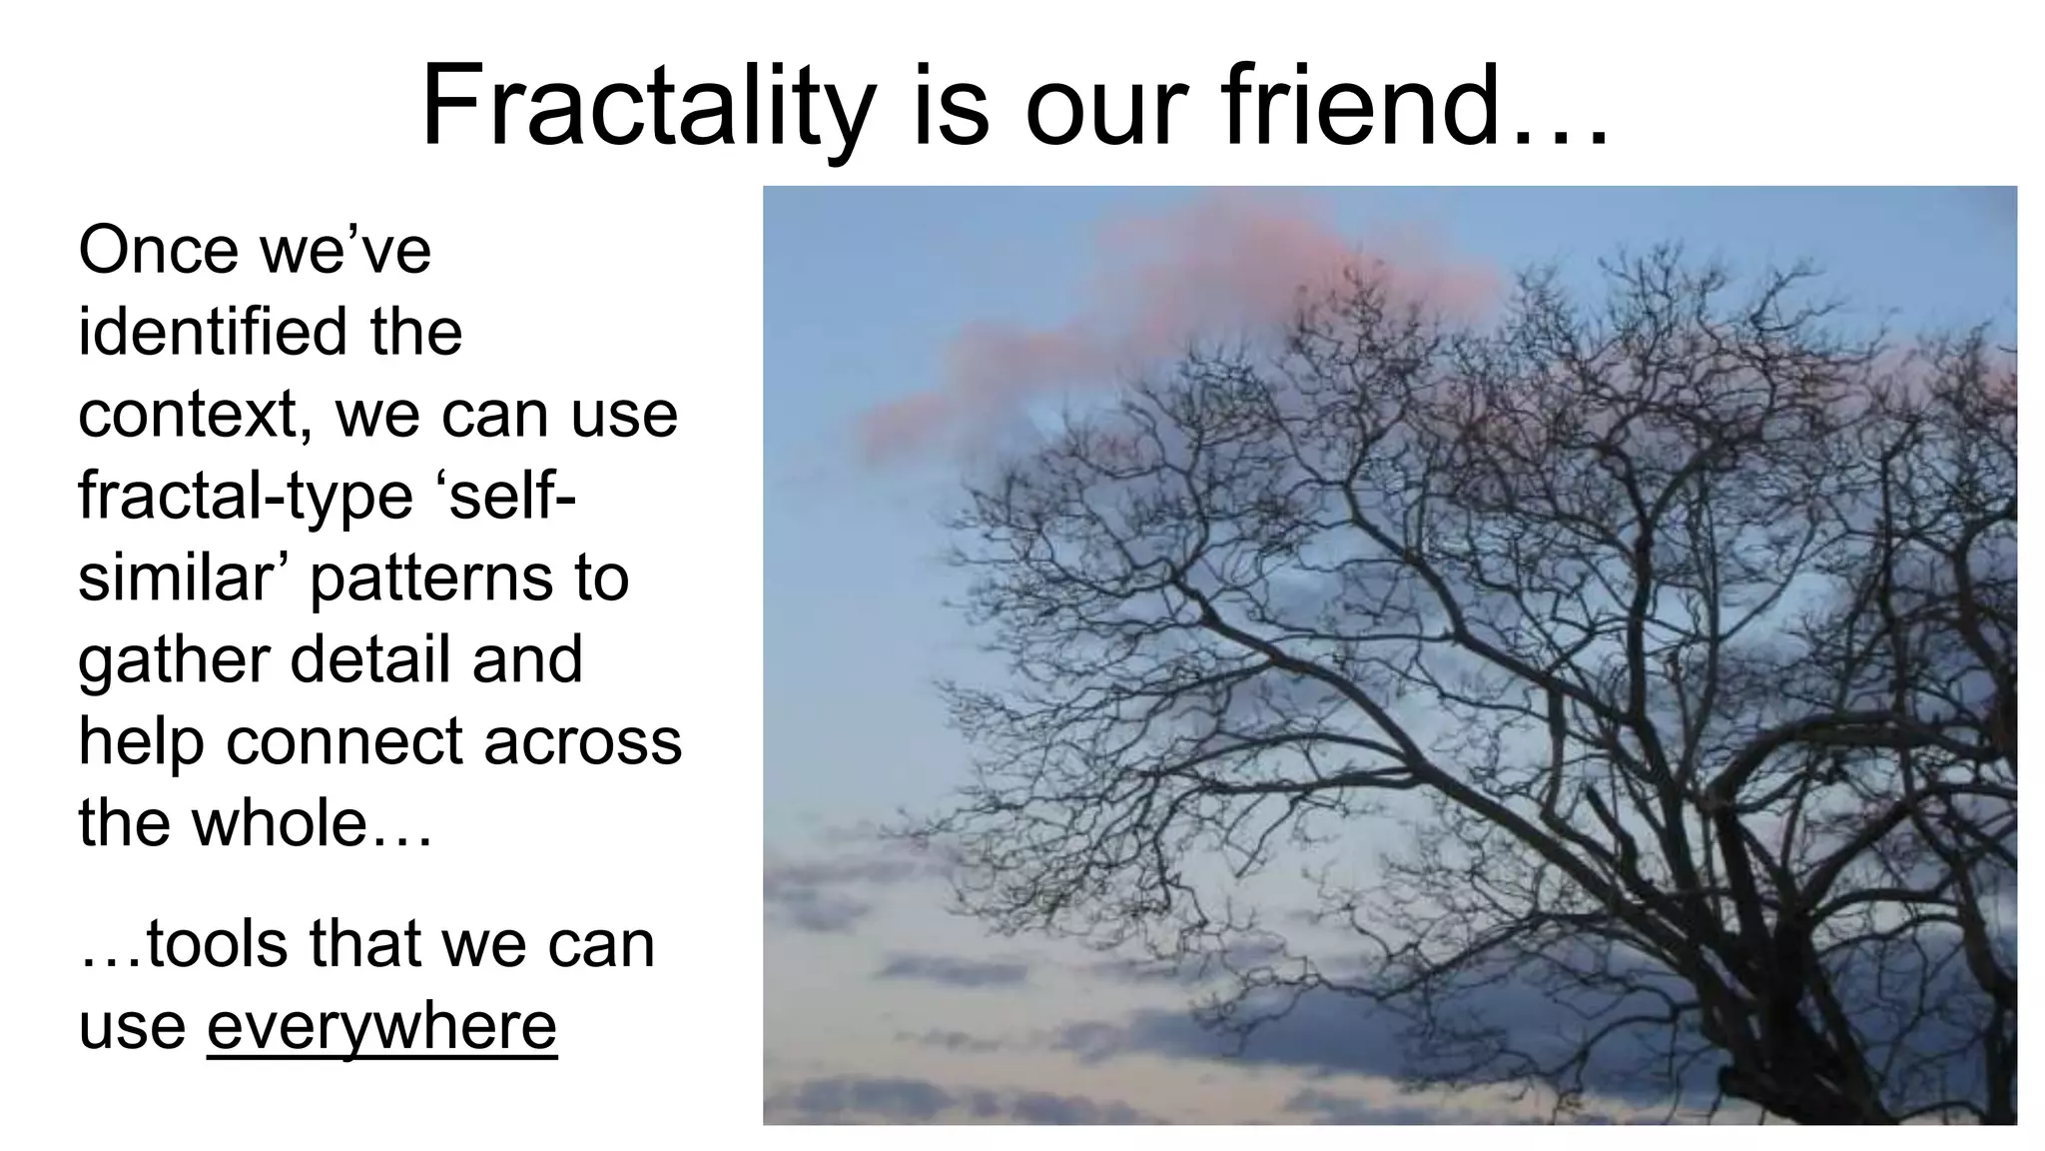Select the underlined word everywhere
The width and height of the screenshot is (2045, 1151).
[381, 1027]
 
